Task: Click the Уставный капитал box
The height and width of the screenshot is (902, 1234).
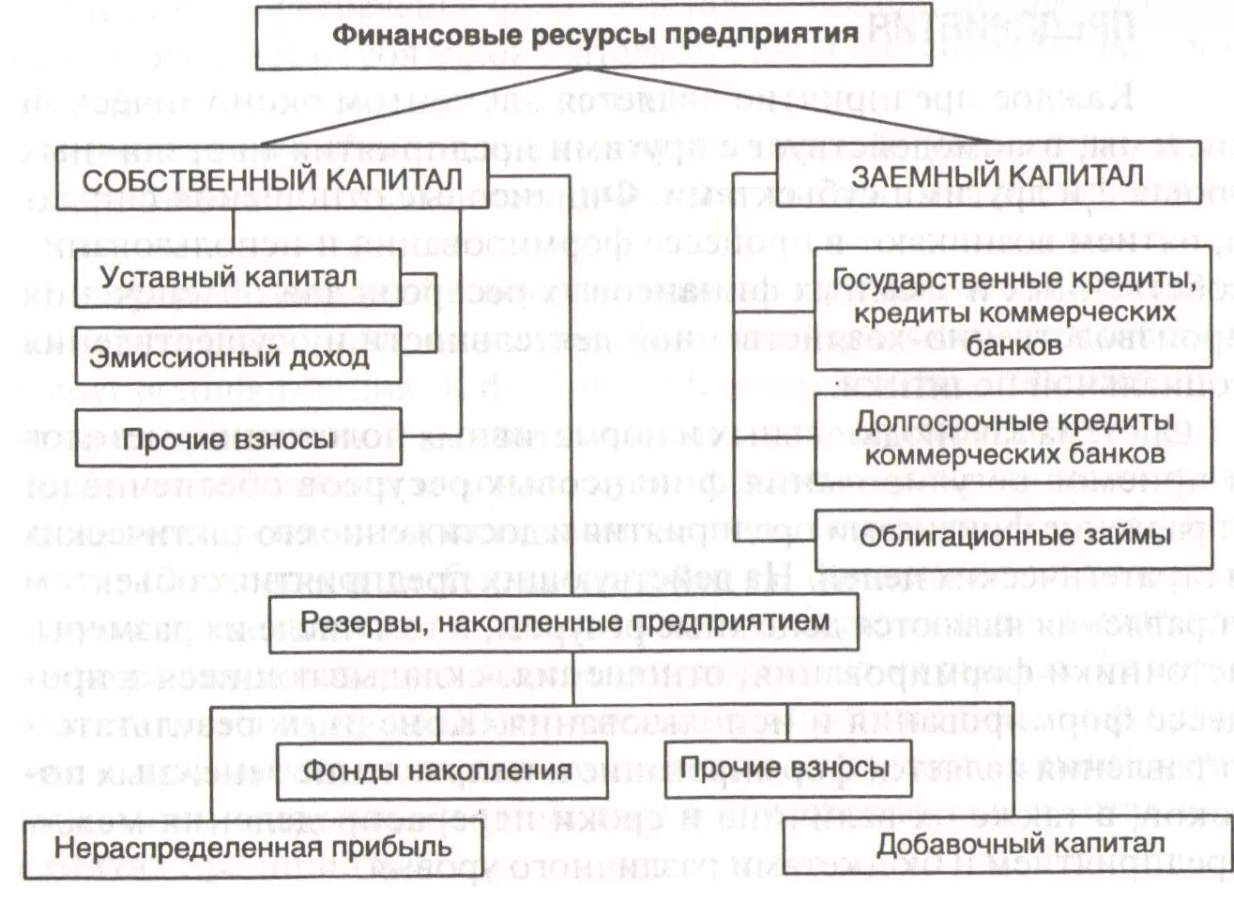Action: pos(229,278)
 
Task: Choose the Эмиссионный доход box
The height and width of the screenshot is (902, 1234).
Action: pos(229,357)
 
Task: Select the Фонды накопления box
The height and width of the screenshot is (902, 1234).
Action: pos(437,771)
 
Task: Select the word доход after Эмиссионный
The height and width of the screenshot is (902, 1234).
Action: pos(328,357)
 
